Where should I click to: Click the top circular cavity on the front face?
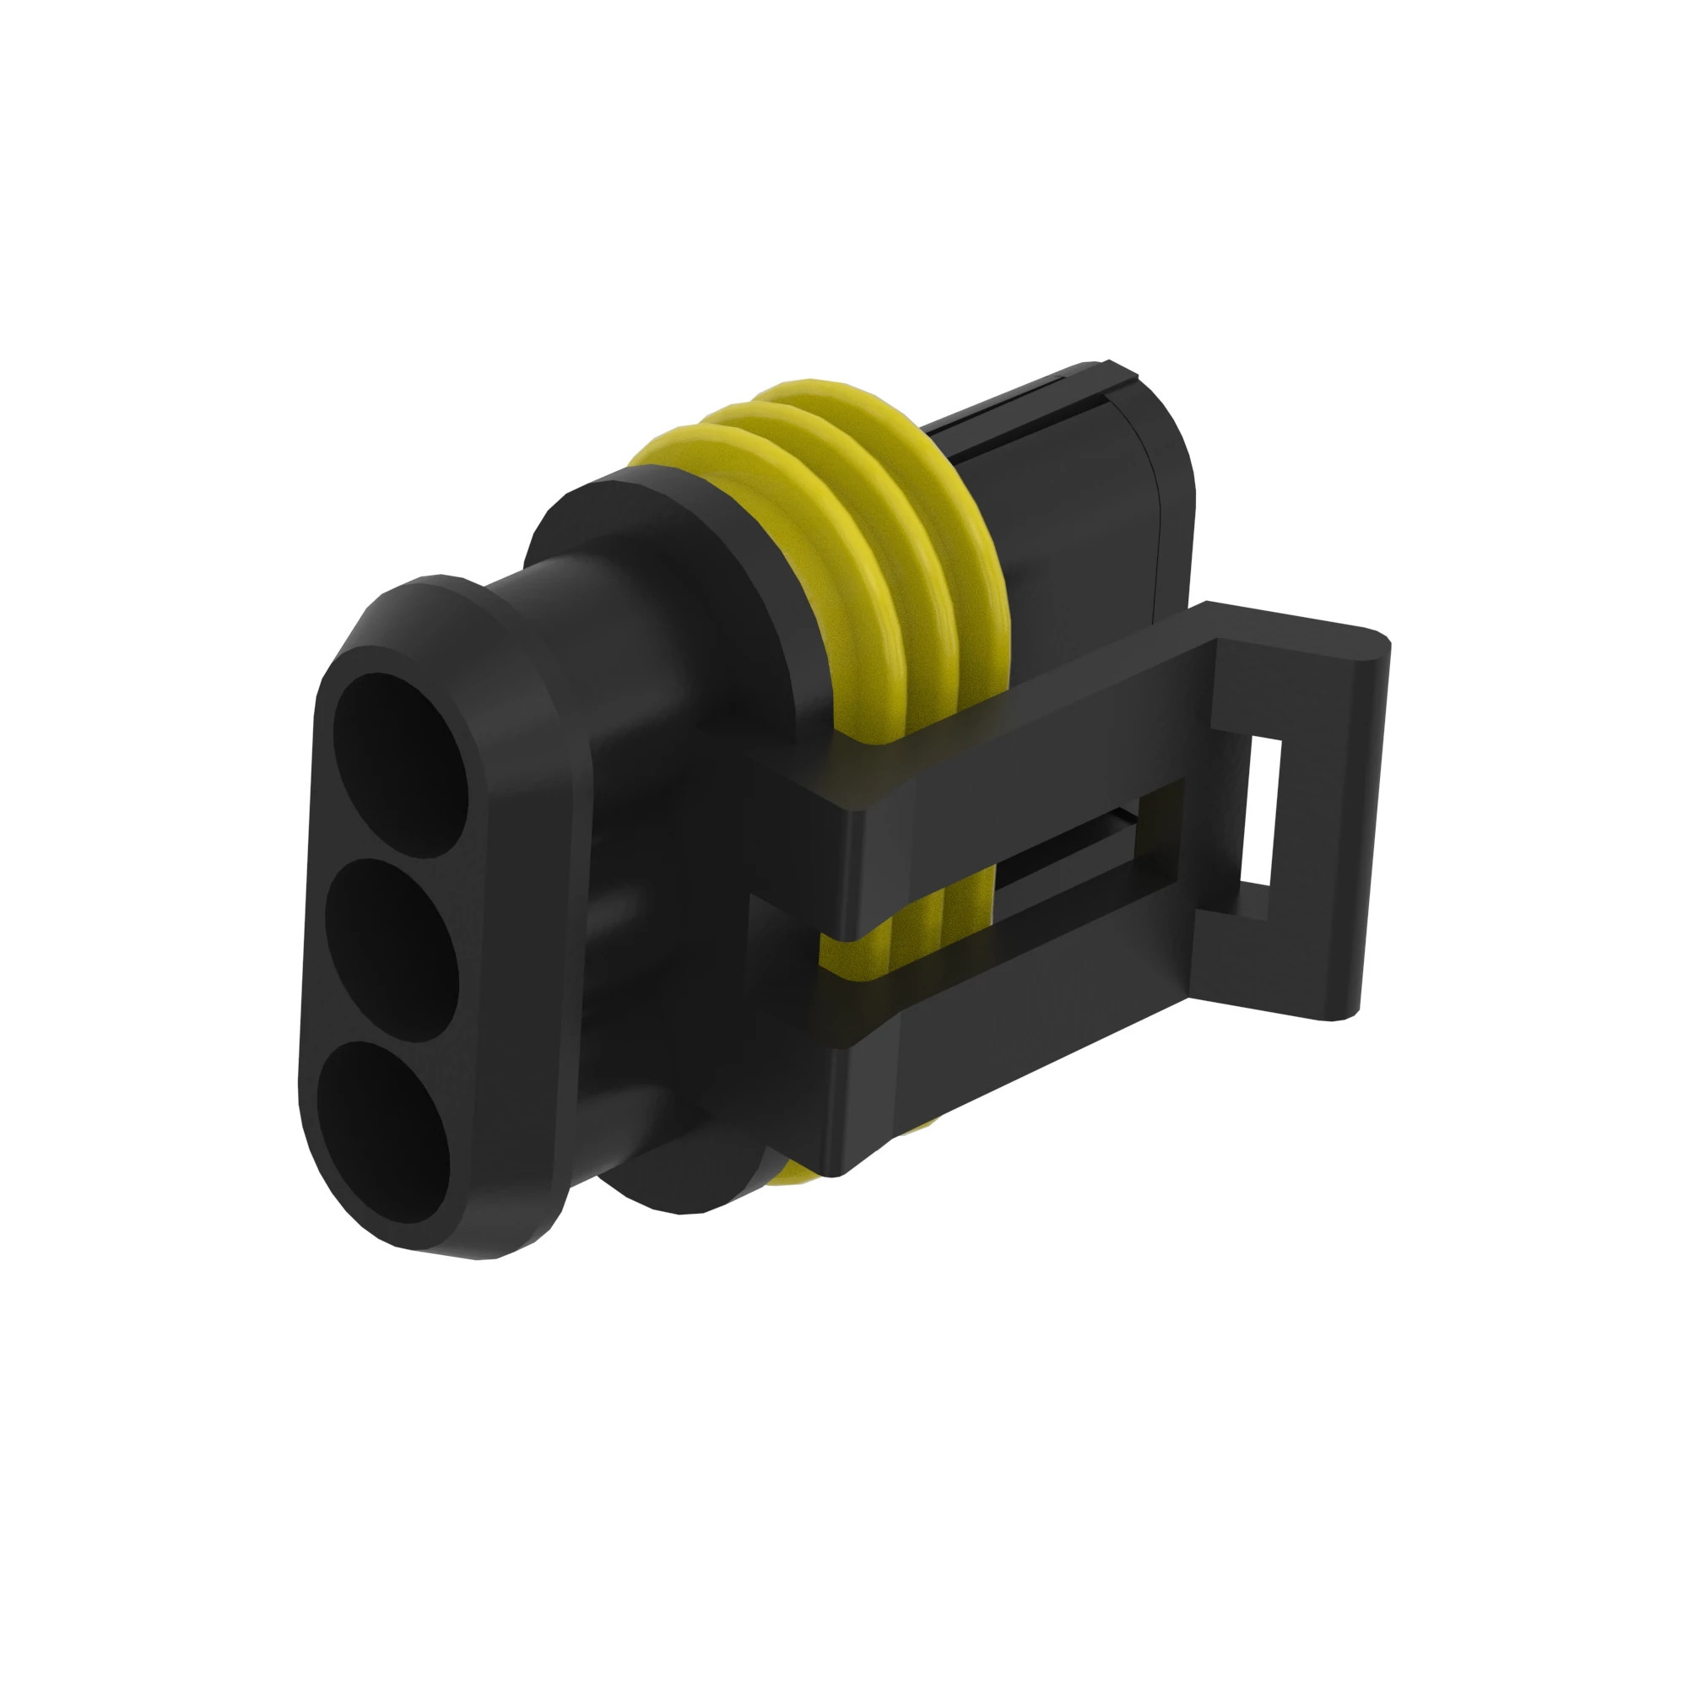click(403, 765)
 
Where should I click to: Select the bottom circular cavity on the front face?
click(384, 1132)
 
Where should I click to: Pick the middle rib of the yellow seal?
click(883, 524)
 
